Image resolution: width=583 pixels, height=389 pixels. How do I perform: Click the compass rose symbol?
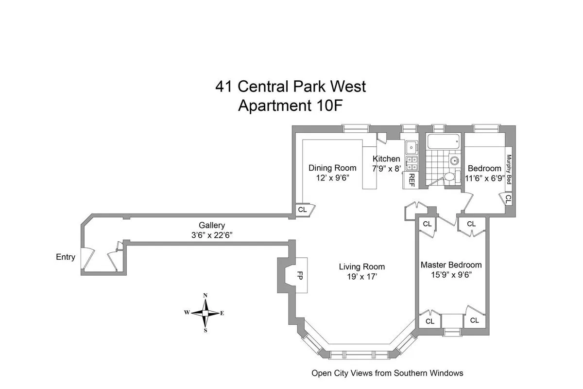pyautogui.click(x=206, y=313)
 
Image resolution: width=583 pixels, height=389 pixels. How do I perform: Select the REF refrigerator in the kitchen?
pyautogui.click(x=412, y=179)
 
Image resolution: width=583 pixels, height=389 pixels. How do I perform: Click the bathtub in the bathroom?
pyautogui.click(x=443, y=142)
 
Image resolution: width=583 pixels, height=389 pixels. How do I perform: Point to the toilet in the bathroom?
pyautogui.click(x=450, y=177)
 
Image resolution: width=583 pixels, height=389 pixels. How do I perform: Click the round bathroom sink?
pyautogui.click(x=454, y=160)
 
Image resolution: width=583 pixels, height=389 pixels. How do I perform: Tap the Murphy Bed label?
pyautogui.click(x=509, y=169)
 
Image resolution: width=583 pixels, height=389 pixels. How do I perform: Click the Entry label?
pyautogui.click(x=66, y=257)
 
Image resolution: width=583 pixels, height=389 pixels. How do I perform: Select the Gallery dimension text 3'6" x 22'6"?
pyautogui.click(x=211, y=234)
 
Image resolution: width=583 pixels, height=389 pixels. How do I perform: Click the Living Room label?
pyautogui.click(x=361, y=266)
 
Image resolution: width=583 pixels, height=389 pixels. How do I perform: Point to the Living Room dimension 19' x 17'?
pyautogui.click(x=361, y=276)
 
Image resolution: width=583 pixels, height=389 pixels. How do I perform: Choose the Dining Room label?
pyautogui.click(x=332, y=168)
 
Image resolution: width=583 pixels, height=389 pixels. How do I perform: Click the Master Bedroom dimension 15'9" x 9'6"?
pyautogui.click(x=451, y=274)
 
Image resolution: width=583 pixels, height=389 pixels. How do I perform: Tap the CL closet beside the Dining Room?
pyautogui.click(x=302, y=210)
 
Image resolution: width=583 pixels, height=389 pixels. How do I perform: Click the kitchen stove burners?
pyautogui.click(x=412, y=163)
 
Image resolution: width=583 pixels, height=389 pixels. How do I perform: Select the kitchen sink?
pyautogui.click(x=411, y=146)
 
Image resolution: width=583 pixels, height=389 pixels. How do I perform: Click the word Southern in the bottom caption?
pyautogui.click(x=405, y=373)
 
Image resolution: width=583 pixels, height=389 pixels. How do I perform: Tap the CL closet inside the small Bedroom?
pyautogui.click(x=508, y=198)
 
